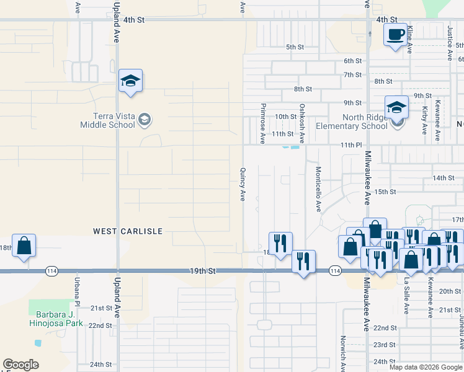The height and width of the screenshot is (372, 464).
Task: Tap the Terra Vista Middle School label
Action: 107,120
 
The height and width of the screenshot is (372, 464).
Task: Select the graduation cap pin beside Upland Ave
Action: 131,81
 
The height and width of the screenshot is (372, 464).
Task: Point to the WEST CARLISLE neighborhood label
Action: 128,231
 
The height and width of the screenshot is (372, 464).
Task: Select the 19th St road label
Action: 202,272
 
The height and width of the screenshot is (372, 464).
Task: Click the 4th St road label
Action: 134,20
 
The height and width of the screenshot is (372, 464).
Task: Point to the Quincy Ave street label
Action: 243,184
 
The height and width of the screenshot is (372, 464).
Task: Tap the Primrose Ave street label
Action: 263,123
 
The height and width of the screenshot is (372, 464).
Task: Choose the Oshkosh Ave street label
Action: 302,123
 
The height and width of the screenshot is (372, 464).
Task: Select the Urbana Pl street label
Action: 78,294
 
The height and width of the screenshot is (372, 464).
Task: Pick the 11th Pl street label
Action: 350,145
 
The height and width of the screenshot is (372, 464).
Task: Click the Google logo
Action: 20,365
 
